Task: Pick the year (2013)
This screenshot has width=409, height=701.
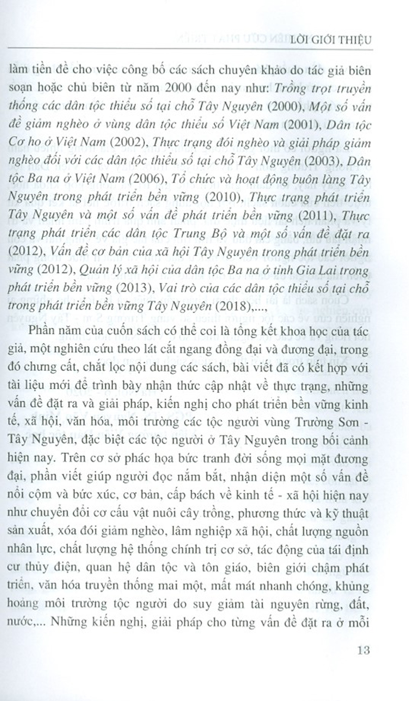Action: click(x=134, y=288)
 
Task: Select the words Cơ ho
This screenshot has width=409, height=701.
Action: click(x=24, y=142)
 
